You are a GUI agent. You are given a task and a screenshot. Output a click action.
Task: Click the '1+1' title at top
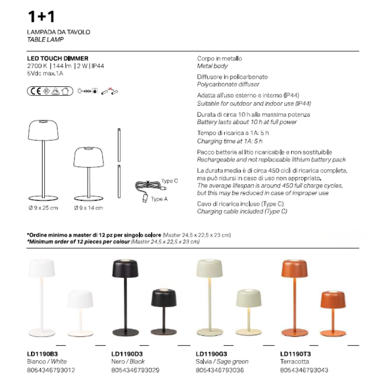click(x=41, y=17)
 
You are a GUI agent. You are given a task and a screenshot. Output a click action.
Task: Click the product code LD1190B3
click(x=42, y=354)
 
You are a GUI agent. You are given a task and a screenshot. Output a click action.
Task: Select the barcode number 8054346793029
click(x=135, y=370)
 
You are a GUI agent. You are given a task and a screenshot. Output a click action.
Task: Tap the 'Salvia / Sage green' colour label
click(x=222, y=361)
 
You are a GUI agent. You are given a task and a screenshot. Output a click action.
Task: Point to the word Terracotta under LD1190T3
click(x=294, y=361)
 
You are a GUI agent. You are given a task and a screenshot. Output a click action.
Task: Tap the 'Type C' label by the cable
click(x=169, y=181)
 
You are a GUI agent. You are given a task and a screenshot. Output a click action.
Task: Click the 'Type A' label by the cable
click(x=159, y=199)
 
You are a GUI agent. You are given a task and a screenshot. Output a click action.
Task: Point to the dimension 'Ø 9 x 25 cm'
click(x=43, y=208)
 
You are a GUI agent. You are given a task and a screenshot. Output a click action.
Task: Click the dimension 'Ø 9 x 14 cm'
click(x=88, y=208)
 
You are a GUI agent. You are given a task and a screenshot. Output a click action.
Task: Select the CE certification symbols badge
click(x=50, y=91)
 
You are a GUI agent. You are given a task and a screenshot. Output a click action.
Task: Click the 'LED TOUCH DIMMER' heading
click(x=58, y=58)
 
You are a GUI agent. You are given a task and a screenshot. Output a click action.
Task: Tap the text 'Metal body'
click(x=212, y=66)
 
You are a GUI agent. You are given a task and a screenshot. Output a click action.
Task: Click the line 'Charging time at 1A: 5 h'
click(x=229, y=141)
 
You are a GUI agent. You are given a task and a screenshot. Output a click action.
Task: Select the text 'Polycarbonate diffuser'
click(x=228, y=84)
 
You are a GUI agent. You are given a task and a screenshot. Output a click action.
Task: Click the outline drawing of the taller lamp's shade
click(x=43, y=129)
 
